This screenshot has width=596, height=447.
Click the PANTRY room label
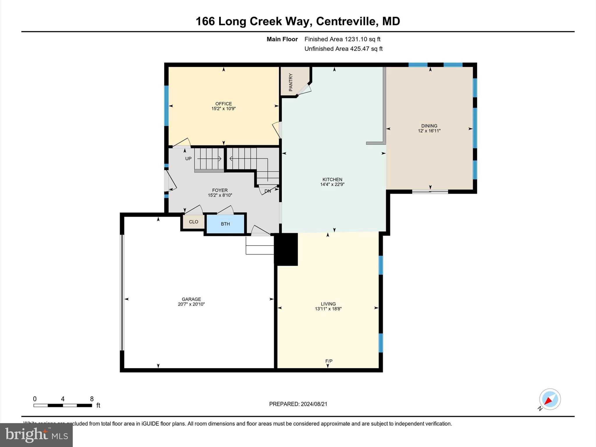coord(290,82)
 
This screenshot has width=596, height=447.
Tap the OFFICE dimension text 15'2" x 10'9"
coord(223,109)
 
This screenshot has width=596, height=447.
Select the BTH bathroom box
coord(225,224)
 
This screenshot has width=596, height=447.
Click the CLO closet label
coord(194,222)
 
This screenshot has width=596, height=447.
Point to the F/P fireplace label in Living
coord(329,361)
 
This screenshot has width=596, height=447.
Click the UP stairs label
coord(188,159)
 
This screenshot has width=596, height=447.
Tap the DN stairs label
coord(267,191)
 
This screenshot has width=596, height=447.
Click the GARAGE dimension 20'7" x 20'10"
coord(191,304)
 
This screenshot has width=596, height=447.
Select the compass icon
coord(550,399)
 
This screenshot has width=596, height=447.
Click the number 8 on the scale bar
coord(92,399)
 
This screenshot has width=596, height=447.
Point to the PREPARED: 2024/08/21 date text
coord(298,404)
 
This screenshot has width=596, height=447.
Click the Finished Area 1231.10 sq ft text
coord(342,39)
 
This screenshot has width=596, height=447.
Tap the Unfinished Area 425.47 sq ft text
coord(343,49)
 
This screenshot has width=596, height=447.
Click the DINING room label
coord(429,126)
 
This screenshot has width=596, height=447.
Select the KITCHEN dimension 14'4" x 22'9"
coord(332,185)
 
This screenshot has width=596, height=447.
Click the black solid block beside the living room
coord(286,249)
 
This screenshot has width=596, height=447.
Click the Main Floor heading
coord(282,39)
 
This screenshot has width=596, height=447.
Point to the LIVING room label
coord(328,304)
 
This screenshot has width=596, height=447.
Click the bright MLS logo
coord(36,435)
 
